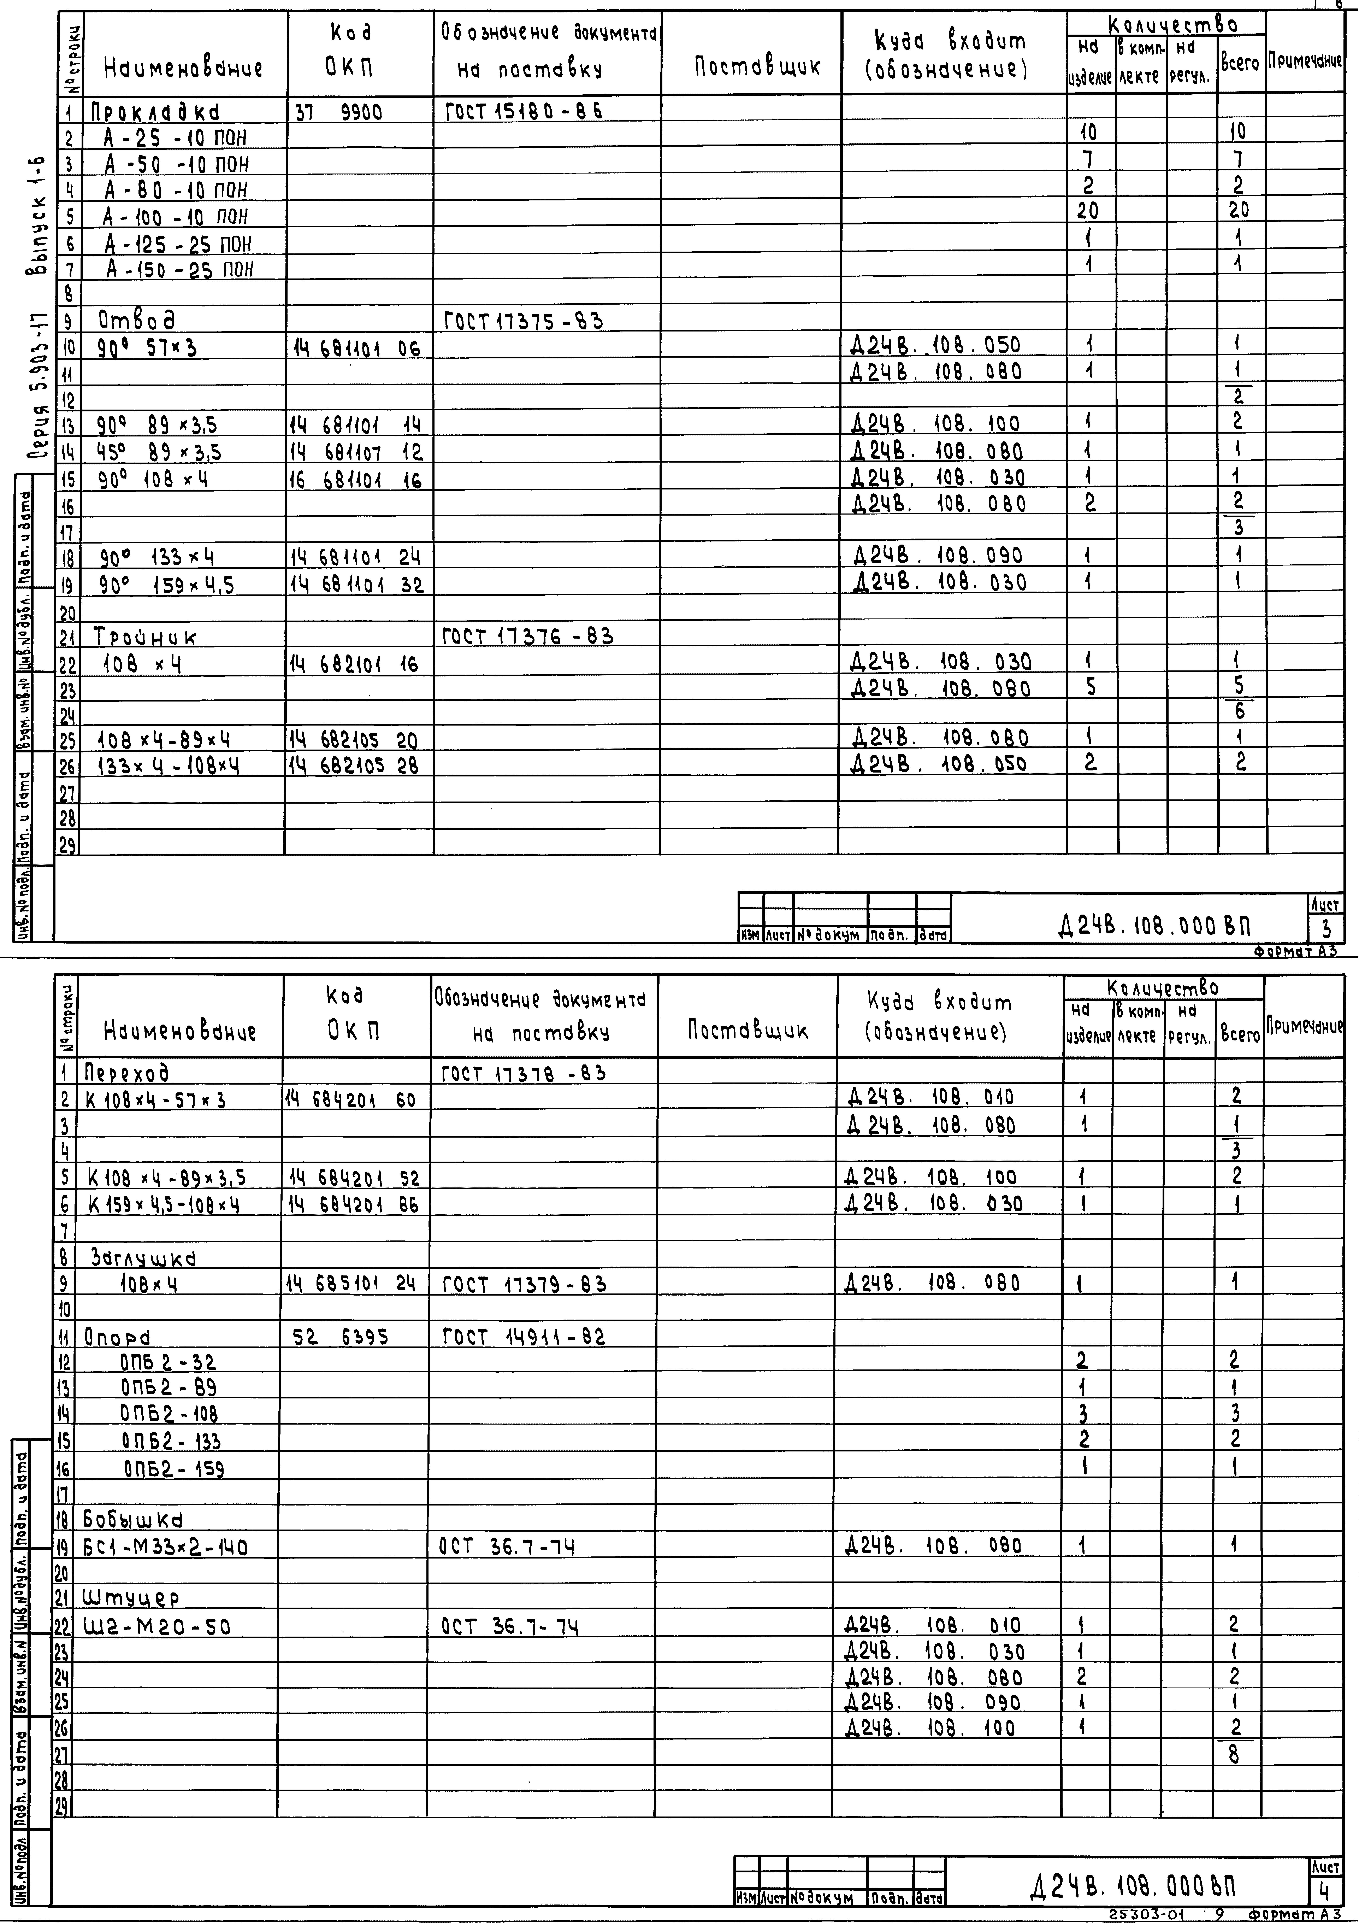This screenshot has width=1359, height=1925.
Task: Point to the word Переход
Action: (x=128, y=1073)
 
